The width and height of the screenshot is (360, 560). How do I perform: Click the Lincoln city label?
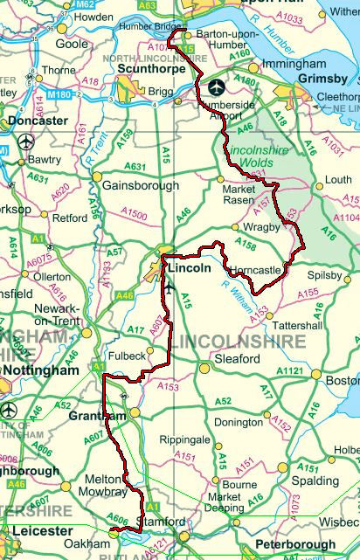point(190,269)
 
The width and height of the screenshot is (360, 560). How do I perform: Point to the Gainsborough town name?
point(141,186)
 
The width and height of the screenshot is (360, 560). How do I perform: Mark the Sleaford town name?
point(237,359)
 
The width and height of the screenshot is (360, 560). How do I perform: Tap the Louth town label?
point(338,180)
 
